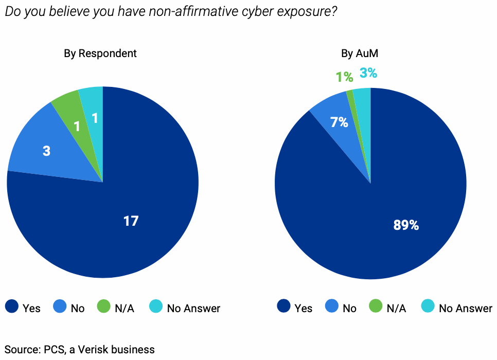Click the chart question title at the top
(x=170, y=11)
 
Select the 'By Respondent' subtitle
(x=100, y=53)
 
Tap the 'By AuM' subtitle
(x=370, y=53)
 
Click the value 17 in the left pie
(x=131, y=221)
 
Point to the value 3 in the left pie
(x=46, y=152)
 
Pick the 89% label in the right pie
(x=406, y=225)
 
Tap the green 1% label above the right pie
(x=344, y=77)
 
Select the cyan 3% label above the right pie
(x=368, y=74)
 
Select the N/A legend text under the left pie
(x=125, y=309)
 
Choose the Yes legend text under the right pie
(x=304, y=309)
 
